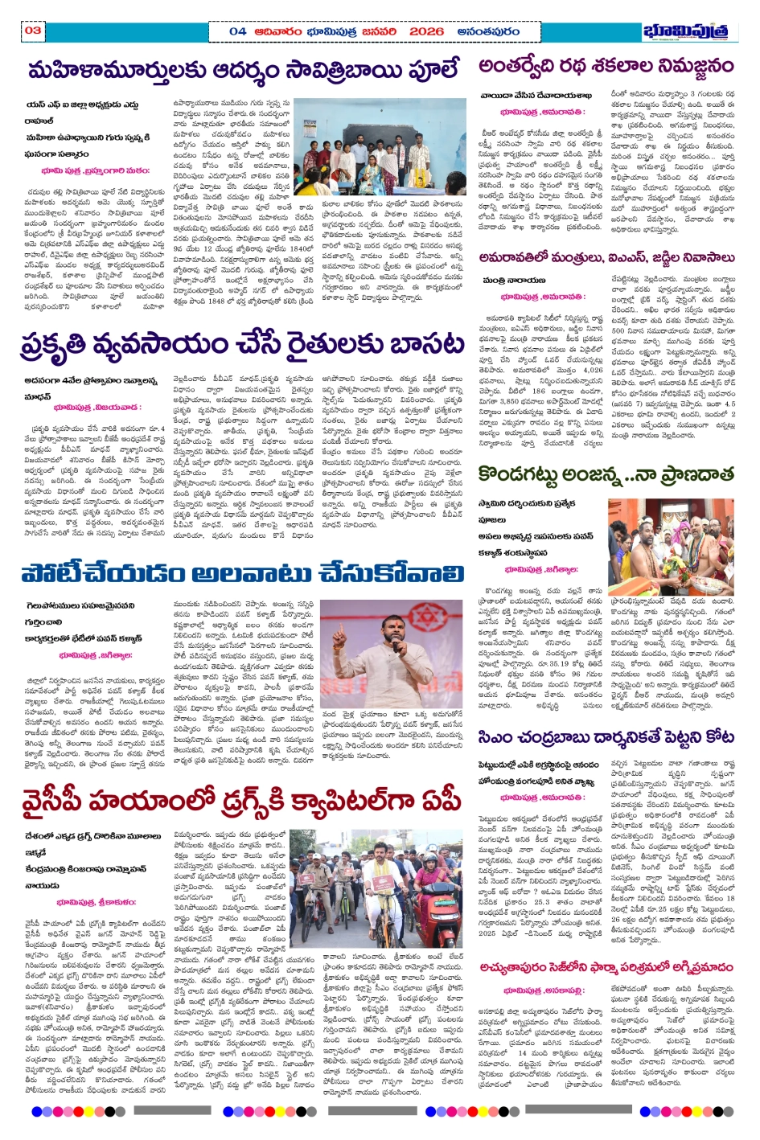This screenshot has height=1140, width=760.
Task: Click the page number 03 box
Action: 33,31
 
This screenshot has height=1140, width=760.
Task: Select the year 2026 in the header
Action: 426,31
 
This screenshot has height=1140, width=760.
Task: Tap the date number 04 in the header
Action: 237,31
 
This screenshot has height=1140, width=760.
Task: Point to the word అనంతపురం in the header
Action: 488,31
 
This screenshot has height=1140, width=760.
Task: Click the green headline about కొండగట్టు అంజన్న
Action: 606,474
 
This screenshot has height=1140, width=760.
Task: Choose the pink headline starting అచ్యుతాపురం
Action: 606,967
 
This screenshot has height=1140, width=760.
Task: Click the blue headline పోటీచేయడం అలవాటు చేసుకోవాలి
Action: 242,573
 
